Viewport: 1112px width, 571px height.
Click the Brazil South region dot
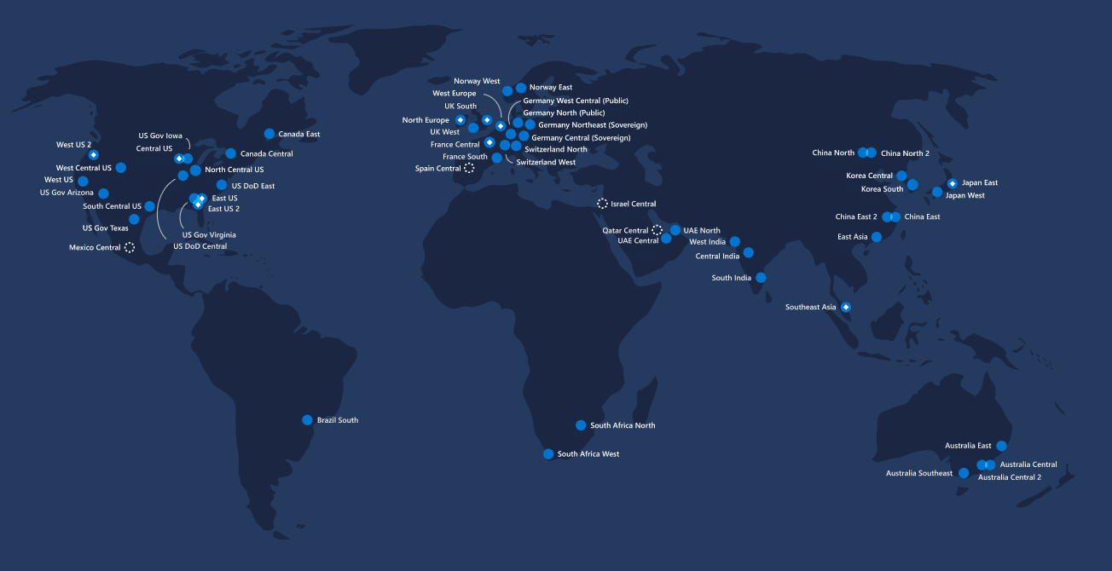click(x=307, y=420)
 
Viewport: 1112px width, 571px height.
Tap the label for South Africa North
click(x=623, y=425)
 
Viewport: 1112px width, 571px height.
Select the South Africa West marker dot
click(x=548, y=454)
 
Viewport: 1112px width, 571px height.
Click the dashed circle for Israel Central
click(x=602, y=204)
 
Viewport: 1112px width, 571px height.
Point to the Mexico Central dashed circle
click(x=130, y=247)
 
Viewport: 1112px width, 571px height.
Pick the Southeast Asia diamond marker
click(x=846, y=307)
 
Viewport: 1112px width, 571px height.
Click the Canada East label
click(x=298, y=135)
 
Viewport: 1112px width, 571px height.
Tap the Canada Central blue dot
click(x=231, y=153)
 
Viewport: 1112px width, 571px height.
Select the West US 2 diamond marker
click(x=94, y=155)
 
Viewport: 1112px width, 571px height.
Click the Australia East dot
click(x=1001, y=446)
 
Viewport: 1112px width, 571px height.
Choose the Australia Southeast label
click(x=918, y=473)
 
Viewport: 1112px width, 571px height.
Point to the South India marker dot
click(x=761, y=278)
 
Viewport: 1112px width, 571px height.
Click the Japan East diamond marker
click(x=952, y=183)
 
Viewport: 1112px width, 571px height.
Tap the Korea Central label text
click(x=869, y=176)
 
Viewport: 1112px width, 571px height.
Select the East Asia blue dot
click(x=877, y=237)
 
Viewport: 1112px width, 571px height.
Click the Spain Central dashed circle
click(x=469, y=169)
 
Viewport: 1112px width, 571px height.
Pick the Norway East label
click(x=550, y=87)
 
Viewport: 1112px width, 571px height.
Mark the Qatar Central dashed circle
click(x=657, y=230)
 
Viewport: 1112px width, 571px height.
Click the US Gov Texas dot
click(x=134, y=219)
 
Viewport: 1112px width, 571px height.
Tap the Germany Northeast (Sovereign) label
click(x=593, y=125)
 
